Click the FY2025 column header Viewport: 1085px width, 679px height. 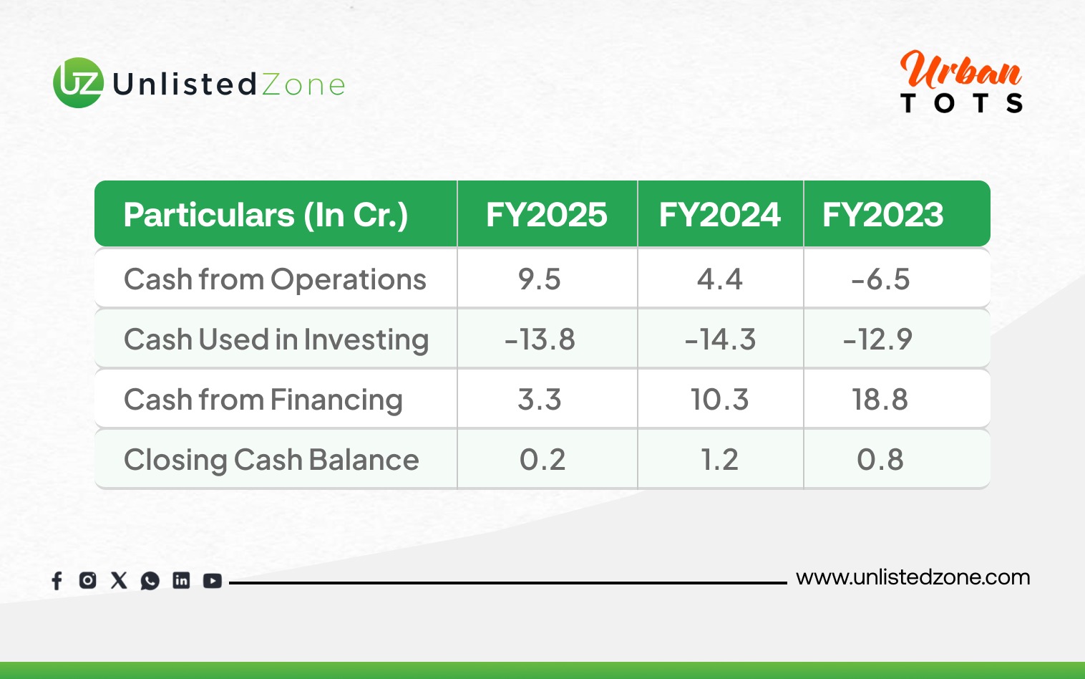(x=546, y=214)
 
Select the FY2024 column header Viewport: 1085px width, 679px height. (x=720, y=214)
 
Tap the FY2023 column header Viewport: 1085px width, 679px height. (x=883, y=214)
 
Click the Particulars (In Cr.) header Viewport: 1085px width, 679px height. (x=266, y=215)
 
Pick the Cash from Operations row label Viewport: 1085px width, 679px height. (x=275, y=279)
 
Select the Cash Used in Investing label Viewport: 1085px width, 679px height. (x=276, y=339)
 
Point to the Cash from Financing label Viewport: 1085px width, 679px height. (x=263, y=400)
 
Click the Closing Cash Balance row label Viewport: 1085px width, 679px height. (x=271, y=459)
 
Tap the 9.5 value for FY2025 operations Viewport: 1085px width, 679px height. (x=539, y=279)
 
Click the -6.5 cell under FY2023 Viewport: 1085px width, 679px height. (x=880, y=279)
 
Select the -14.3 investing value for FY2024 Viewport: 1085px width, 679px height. (x=720, y=339)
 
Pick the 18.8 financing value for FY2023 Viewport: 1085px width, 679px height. (x=880, y=400)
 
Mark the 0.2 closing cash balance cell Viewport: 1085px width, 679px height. (x=542, y=459)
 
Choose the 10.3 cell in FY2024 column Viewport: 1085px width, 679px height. (x=720, y=400)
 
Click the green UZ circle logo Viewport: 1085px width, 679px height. (x=78, y=82)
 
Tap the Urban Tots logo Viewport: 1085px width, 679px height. (x=961, y=82)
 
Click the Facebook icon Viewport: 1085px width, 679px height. (x=57, y=580)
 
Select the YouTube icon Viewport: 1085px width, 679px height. (x=212, y=581)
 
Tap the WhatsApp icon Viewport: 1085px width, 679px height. (x=150, y=581)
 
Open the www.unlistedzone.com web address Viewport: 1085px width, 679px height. (x=913, y=578)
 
